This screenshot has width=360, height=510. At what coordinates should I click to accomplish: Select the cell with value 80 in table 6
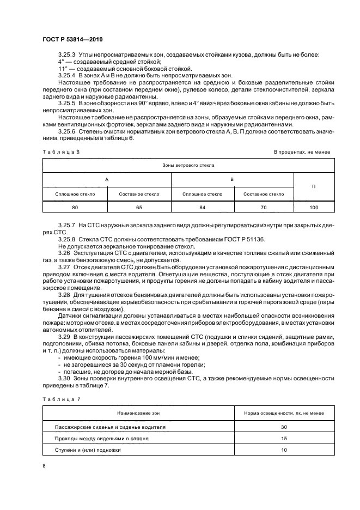(x=75, y=208)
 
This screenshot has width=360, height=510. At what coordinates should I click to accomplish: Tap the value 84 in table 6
(x=203, y=208)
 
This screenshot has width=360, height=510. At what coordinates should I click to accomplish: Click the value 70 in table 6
(x=263, y=208)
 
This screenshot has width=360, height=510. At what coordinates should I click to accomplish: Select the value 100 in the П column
(x=314, y=208)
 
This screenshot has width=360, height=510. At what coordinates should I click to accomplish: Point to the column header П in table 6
(x=314, y=186)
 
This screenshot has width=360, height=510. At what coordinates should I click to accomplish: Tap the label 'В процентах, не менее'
(x=301, y=151)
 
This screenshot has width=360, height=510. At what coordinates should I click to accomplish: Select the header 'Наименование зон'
(x=138, y=414)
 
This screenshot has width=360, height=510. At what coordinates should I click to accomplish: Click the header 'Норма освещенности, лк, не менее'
(x=284, y=414)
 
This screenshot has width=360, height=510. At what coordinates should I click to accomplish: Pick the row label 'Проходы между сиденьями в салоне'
(x=102, y=438)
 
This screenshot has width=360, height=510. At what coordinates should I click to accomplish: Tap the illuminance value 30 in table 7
(x=284, y=427)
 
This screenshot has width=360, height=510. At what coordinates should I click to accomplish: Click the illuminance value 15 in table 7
(x=284, y=438)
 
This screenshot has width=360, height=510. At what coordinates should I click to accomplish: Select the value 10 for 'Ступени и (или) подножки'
(x=284, y=450)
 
